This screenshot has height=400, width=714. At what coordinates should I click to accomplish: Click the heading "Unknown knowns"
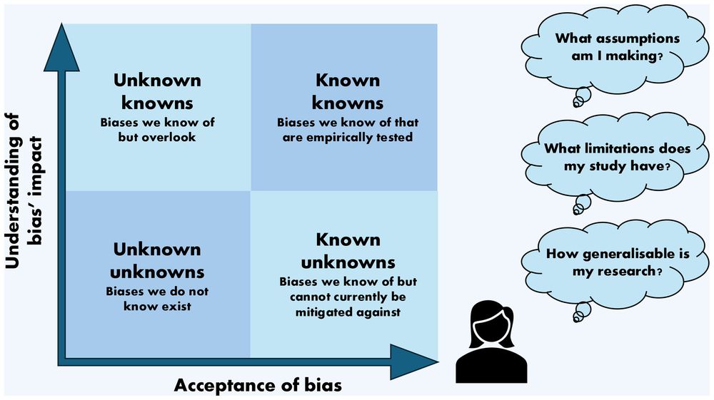pos(158,91)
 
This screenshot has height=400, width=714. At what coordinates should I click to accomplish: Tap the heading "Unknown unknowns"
pos(158,260)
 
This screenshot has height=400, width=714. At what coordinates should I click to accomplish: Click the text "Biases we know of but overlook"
pos(158,130)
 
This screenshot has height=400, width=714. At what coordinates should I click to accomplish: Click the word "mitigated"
pos(326,312)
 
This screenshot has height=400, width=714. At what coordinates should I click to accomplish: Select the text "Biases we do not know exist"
pos(158,299)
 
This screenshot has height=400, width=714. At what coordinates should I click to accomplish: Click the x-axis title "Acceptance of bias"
pos(258,386)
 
